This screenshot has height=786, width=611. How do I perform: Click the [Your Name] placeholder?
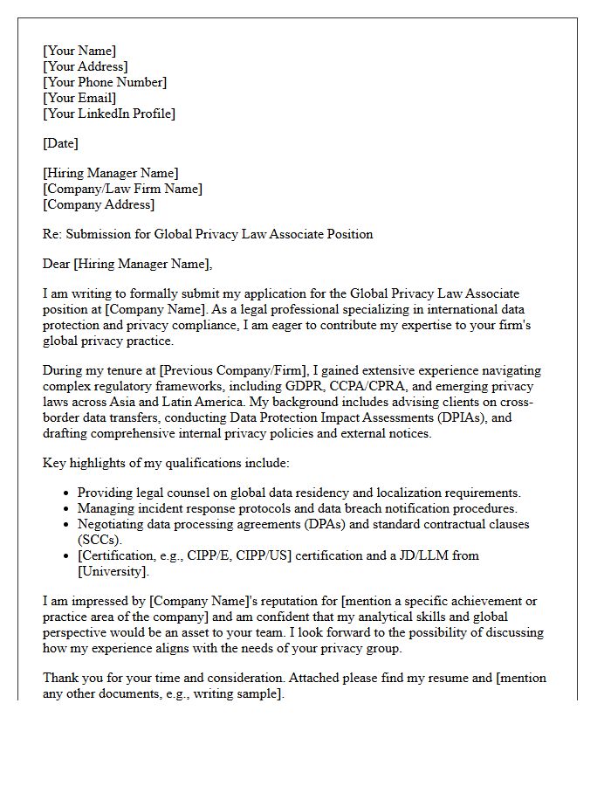[79, 51]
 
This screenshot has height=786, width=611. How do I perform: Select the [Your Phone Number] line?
[105, 82]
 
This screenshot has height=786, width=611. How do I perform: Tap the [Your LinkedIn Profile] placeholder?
[109, 114]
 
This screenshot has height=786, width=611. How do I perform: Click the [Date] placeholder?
[60, 143]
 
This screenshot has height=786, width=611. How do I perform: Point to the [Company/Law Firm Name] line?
[122, 189]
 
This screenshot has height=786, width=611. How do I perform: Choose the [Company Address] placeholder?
[99, 204]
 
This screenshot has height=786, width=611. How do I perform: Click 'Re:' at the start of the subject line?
[52, 234]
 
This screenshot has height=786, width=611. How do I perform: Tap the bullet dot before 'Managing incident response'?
[66, 508]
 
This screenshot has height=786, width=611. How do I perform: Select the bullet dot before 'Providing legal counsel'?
[66, 493]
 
